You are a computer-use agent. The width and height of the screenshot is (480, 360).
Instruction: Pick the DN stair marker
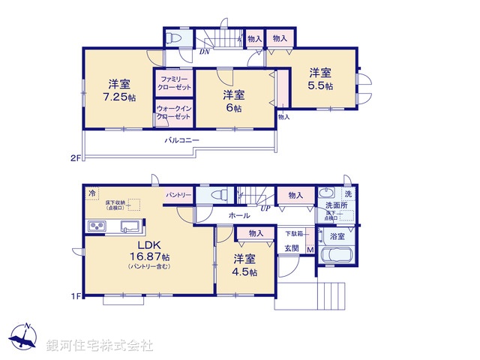coord(204,52)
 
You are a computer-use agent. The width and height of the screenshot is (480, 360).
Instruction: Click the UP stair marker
coord(265,208)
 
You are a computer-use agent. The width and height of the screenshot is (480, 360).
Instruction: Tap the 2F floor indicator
coord(75,157)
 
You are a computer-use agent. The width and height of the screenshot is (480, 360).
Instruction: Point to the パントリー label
coord(178,194)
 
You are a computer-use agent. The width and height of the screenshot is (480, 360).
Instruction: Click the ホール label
coord(240,215)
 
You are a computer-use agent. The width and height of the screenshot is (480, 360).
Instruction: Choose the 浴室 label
coord(337,236)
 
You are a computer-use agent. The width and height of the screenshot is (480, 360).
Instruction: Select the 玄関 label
coord(291,247)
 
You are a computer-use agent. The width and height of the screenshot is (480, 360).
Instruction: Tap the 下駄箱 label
coord(293,232)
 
